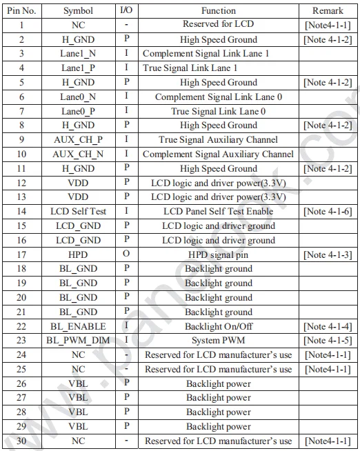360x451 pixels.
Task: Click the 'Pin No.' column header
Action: tap(21, 10)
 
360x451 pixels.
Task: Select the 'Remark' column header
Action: tap(328, 10)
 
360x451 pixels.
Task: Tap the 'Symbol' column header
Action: tap(78, 10)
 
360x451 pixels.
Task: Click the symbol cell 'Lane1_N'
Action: tap(78, 54)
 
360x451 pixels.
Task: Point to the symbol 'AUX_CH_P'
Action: tap(78, 140)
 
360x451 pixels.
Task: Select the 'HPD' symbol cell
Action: tap(78, 254)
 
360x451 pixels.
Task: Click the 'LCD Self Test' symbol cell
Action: tap(78, 212)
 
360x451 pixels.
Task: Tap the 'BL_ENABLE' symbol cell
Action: tap(78, 326)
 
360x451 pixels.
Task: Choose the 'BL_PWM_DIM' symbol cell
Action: tap(78, 341)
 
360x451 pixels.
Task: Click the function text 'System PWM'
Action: tap(219, 341)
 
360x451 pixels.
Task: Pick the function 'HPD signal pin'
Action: tap(219, 254)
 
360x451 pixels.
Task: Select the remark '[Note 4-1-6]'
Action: tap(328, 212)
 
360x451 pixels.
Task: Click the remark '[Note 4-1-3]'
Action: tap(328, 254)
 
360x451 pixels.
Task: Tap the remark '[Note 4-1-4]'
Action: tap(328, 326)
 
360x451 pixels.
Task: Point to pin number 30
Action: tap(21, 441)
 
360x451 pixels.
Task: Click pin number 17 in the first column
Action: tap(21, 254)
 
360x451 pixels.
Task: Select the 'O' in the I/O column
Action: tap(126, 254)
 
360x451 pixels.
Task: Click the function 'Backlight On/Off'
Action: tap(219, 326)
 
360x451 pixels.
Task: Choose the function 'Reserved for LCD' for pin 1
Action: tap(219, 26)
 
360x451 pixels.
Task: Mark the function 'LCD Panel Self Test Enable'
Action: tap(219, 212)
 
